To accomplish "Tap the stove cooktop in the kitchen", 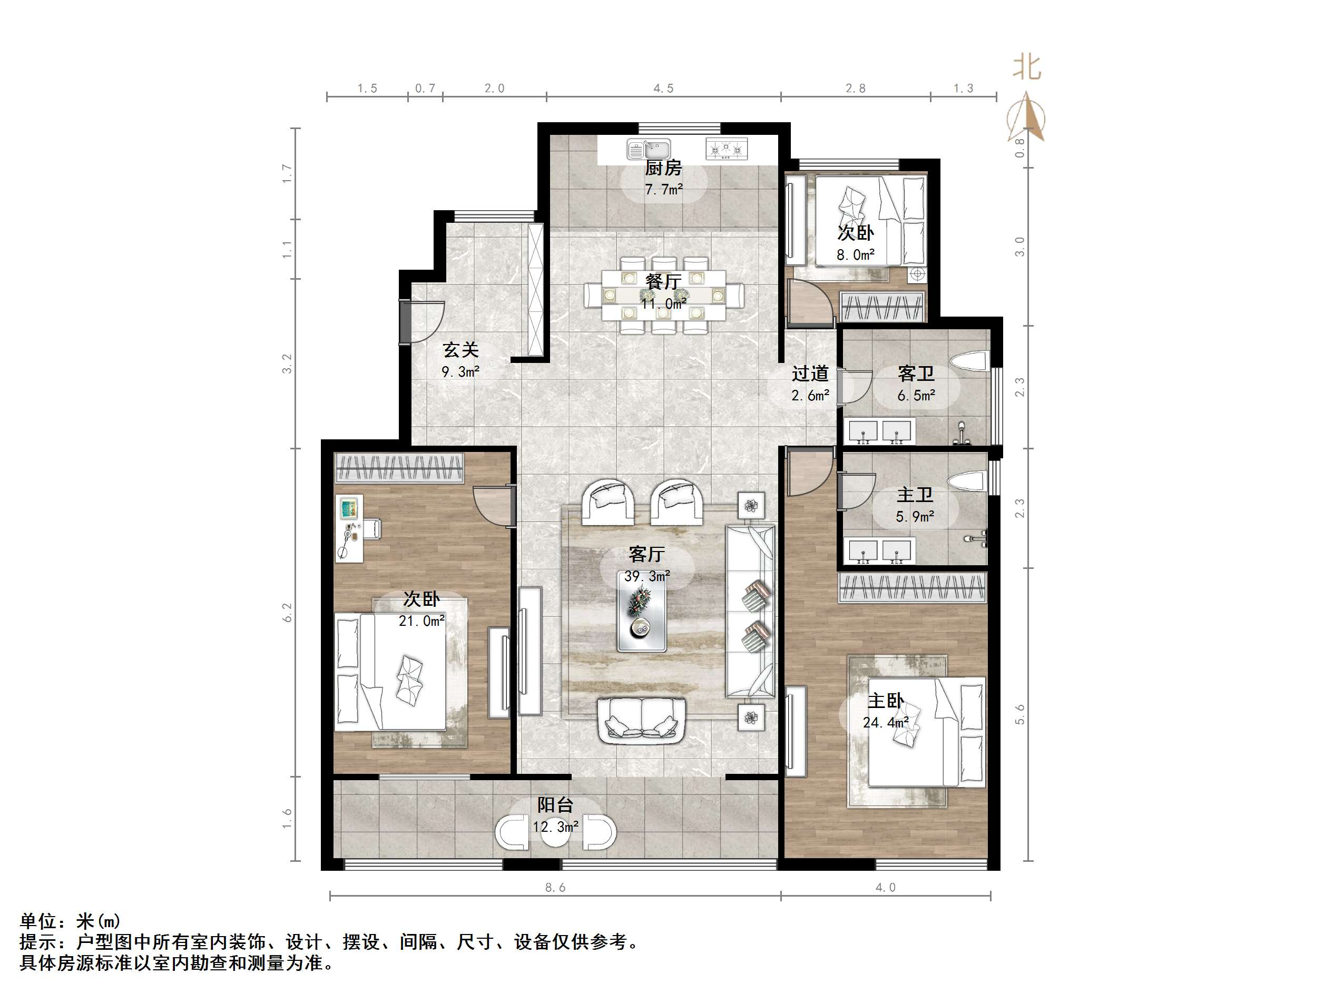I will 727,149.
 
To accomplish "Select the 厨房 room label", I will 663,168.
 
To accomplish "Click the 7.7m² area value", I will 663,190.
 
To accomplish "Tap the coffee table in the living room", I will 642,619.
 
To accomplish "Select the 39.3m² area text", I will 646,576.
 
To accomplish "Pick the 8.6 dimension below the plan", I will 555,888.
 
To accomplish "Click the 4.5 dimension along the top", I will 663,89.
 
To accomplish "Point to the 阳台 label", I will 555,805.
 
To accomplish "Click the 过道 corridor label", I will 810,373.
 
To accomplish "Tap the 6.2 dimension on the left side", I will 288,612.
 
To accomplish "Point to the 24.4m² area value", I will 885,722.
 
